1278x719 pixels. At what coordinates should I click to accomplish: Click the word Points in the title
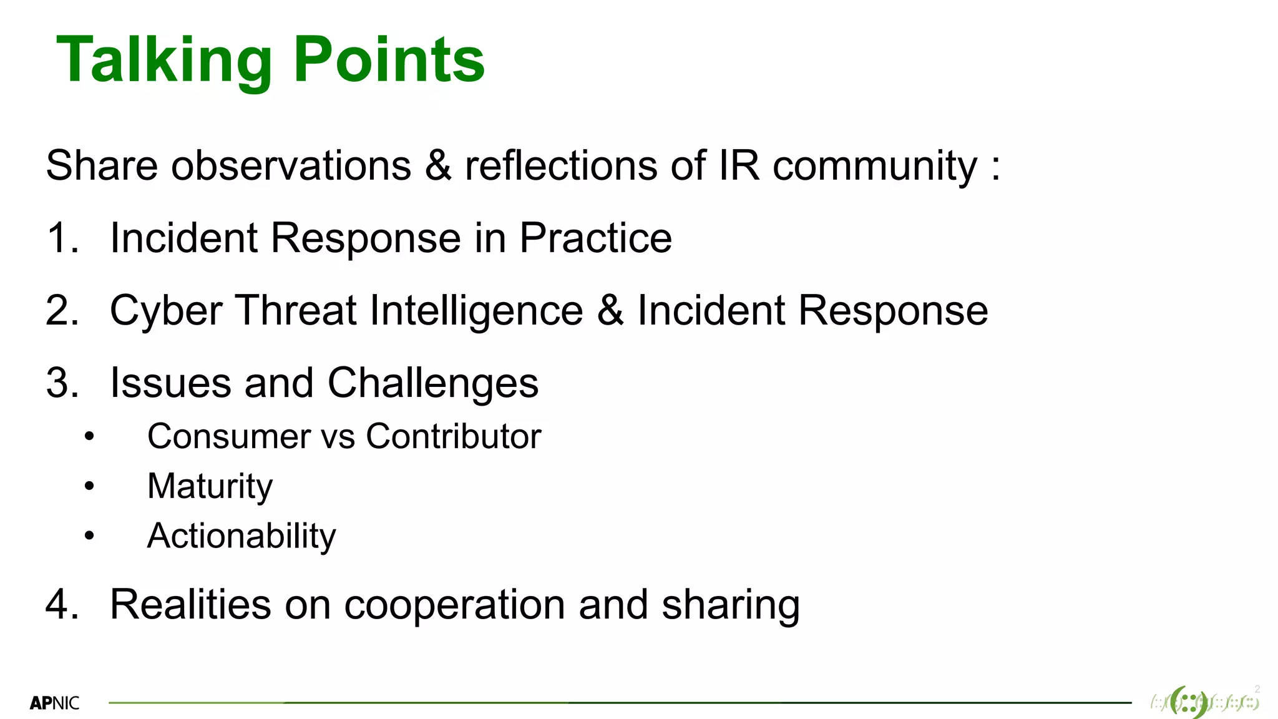(389, 60)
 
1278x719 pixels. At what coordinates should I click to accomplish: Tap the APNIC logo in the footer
(54, 703)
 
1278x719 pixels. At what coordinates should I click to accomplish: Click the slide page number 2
(1257, 689)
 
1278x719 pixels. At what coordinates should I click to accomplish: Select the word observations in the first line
(291, 166)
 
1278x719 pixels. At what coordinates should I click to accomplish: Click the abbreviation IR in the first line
(739, 166)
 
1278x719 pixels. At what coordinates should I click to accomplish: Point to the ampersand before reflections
(438, 166)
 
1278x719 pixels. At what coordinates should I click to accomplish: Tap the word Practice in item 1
(595, 238)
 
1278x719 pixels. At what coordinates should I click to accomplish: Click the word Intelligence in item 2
(476, 311)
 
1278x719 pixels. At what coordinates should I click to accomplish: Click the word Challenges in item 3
(432, 383)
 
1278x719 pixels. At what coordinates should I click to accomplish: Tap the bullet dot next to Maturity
(89, 486)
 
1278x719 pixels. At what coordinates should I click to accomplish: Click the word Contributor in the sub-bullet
(453, 436)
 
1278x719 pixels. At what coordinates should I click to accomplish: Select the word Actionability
(241, 536)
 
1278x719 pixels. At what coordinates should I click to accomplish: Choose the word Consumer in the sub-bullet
(228, 436)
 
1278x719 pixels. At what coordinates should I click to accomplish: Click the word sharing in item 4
(730, 605)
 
